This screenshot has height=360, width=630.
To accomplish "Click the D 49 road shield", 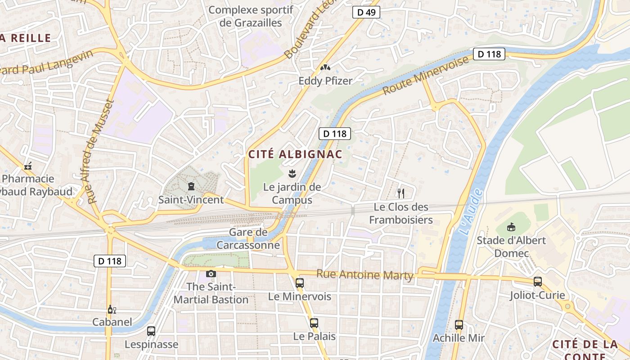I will pyautogui.click(x=366, y=12).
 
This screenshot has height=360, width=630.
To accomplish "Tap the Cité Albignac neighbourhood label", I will pyautogui.click(x=295, y=154).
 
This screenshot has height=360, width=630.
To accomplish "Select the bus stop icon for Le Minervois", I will pyautogui.click(x=300, y=283).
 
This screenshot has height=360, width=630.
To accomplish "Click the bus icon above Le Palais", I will pyautogui.click(x=314, y=323).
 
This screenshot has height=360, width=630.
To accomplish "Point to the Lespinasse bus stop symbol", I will pyautogui.click(x=151, y=331).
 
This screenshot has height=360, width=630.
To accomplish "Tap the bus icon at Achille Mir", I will pyautogui.click(x=459, y=324).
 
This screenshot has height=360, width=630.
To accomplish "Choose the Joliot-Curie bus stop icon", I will pyautogui.click(x=537, y=282).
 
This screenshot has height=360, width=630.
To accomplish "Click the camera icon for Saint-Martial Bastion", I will pyautogui.click(x=211, y=274).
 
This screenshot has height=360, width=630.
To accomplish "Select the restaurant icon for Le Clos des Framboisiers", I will pyautogui.click(x=401, y=193).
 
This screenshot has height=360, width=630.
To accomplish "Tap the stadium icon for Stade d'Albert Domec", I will pyautogui.click(x=511, y=227).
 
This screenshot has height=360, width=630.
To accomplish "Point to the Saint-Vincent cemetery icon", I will pyautogui.click(x=191, y=186).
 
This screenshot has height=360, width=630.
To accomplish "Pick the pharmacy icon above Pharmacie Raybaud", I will pyautogui.click(x=28, y=166).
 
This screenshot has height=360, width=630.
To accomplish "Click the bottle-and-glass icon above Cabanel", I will pyautogui.click(x=112, y=309).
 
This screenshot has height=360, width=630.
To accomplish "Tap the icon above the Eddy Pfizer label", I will pyautogui.click(x=325, y=67).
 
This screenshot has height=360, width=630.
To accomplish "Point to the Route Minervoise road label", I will pyautogui.click(x=426, y=76).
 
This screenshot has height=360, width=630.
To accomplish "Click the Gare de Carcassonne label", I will pyautogui.click(x=248, y=239).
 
